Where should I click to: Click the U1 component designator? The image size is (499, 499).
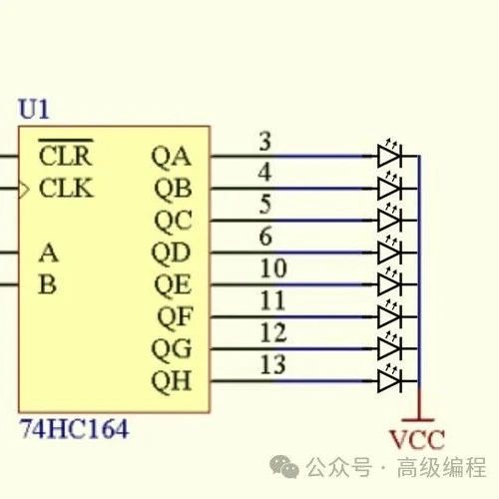click(x=34, y=109)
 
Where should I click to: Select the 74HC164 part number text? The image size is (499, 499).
click(x=75, y=429)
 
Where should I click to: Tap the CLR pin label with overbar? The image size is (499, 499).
click(x=66, y=153)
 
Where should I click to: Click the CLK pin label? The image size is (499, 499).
click(x=66, y=188)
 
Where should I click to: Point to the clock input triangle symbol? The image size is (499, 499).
click(x=24, y=190)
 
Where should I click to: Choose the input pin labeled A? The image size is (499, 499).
click(x=49, y=252)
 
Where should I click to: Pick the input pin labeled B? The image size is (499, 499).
click(x=47, y=284)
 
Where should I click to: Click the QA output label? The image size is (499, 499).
click(x=172, y=157)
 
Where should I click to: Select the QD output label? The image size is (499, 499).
click(x=171, y=253)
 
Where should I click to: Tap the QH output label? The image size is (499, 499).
click(x=172, y=381)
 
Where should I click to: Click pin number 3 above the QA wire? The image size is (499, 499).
click(x=265, y=142)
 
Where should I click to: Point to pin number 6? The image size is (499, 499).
click(x=265, y=237)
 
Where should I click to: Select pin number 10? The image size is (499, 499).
click(x=273, y=268)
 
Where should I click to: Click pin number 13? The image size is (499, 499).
click(x=273, y=364)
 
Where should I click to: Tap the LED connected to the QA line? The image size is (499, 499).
click(x=390, y=153)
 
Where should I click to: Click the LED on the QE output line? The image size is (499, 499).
click(x=390, y=281)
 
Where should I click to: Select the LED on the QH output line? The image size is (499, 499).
click(x=390, y=378)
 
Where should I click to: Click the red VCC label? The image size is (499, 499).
click(x=417, y=440)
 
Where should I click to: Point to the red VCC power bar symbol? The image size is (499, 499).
click(x=418, y=420)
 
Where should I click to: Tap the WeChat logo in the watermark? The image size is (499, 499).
click(x=283, y=466)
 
